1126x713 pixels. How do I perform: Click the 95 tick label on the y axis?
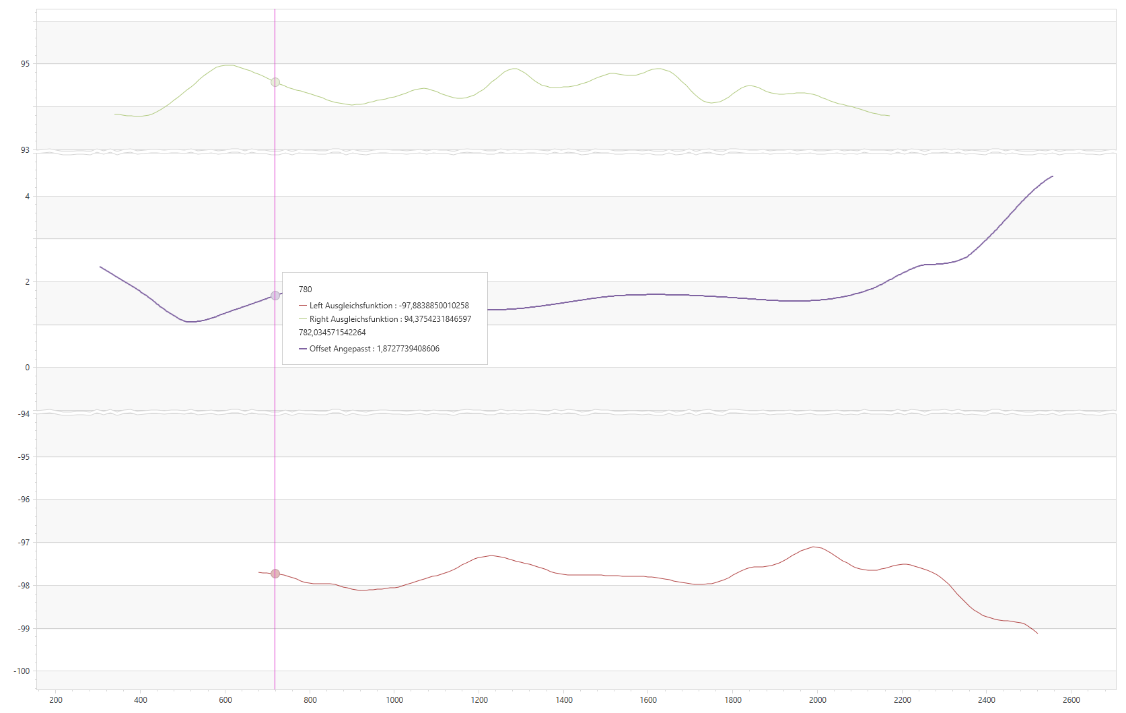coord(25,64)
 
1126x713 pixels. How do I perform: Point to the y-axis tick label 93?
coord(25,150)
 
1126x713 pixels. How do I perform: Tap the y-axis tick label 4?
coord(27,197)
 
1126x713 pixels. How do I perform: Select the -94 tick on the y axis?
coord(24,414)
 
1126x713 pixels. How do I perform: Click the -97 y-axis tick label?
coord(24,543)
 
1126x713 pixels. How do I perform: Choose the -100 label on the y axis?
coord(22,671)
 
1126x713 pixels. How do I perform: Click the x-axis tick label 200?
coord(56,700)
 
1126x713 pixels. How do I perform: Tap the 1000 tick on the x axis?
coord(394,700)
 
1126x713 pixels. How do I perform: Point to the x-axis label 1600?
coord(648,700)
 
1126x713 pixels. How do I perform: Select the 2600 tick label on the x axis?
coord(1071,700)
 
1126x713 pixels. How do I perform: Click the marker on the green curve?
coord(275,82)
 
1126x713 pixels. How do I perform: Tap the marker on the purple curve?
coord(275,296)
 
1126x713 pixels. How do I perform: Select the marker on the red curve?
coord(275,574)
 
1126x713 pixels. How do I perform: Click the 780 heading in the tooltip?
coord(306,290)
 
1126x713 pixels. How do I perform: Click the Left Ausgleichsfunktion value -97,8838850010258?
coord(434,306)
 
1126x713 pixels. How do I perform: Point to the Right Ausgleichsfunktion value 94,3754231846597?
coord(437,319)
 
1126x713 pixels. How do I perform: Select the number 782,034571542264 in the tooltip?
coord(332,333)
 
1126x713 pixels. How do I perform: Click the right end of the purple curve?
coord(1053,176)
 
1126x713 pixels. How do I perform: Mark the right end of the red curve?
coord(1037,633)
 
